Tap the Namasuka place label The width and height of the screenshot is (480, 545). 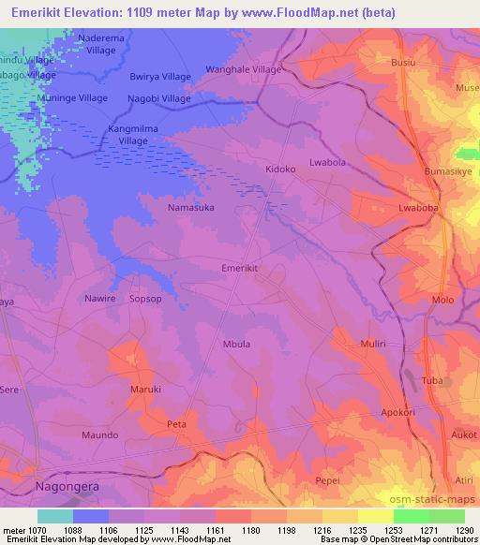click(x=191, y=207)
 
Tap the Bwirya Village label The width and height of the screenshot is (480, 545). click(x=160, y=77)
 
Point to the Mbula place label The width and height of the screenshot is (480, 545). click(x=236, y=345)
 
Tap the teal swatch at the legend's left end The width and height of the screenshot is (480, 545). click(x=54, y=516)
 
